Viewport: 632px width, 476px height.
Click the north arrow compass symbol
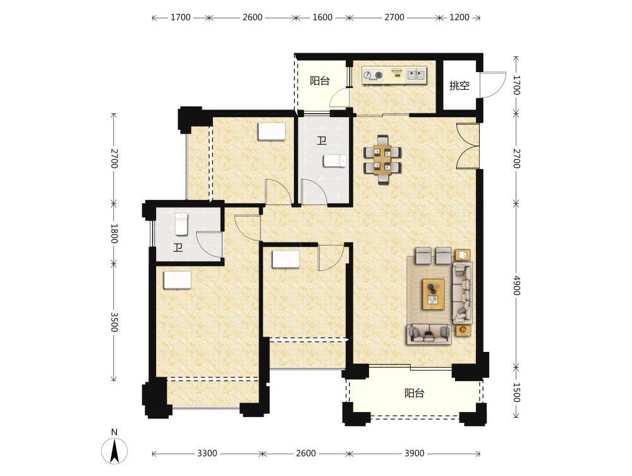click(x=114, y=450)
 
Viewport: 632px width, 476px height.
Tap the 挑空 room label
click(x=459, y=85)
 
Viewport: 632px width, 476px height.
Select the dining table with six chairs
click(x=382, y=160)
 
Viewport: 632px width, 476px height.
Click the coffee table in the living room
click(x=434, y=294)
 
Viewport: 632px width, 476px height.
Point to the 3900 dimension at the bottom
click(x=415, y=453)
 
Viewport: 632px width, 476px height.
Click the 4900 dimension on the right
click(x=517, y=285)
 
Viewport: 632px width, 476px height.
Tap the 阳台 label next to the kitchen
click(x=320, y=81)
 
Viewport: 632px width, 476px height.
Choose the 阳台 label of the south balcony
click(x=415, y=393)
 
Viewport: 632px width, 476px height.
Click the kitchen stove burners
click(x=374, y=75)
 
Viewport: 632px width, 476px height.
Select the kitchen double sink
click(x=416, y=74)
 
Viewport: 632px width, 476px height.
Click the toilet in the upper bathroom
click(x=334, y=161)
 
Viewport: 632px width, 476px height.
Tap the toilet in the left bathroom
click(x=181, y=224)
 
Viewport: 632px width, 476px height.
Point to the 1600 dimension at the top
click(x=322, y=17)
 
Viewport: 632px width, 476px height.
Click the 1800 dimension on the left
click(x=114, y=234)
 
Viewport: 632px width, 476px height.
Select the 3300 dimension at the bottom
click(x=207, y=453)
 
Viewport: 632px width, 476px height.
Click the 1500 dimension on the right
click(x=517, y=393)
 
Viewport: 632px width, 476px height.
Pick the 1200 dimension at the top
click(x=459, y=17)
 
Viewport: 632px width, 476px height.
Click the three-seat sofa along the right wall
click(x=463, y=293)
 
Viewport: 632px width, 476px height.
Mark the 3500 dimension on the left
click(x=114, y=322)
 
